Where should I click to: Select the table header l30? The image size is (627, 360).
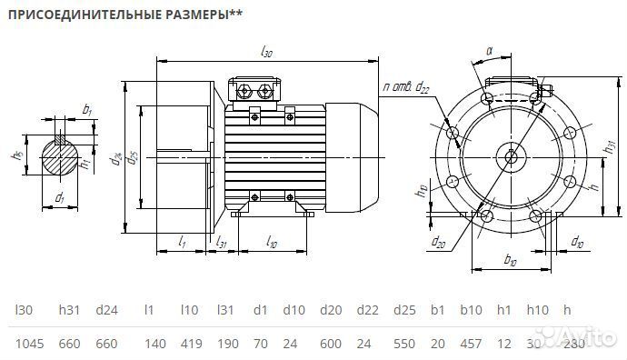[x=24, y=310]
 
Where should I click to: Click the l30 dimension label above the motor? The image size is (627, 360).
[x=266, y=53]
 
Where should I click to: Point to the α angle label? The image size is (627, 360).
[x=488, y=52]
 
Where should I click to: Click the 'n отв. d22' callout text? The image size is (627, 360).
[x=406, y=86]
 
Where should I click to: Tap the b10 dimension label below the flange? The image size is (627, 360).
[x=510, y=261]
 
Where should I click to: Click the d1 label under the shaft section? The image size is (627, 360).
[x=60, y=196]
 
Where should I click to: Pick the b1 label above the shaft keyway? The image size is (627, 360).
[x=87, y=110]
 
